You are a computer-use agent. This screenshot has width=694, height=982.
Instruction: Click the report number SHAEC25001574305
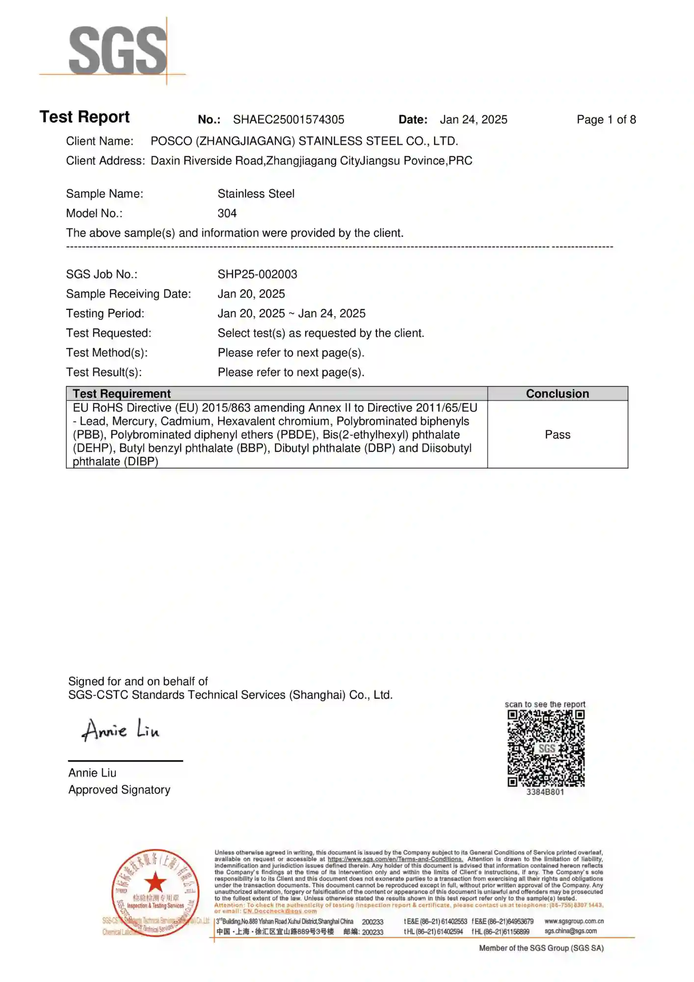point(289,120)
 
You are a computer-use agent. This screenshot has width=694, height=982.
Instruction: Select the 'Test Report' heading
point(84,117)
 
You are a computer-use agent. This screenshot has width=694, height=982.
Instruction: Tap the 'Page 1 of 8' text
point(606,120)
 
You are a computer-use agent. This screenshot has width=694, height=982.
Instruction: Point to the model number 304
point(227,214)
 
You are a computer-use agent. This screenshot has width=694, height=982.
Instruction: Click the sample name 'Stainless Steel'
point(256,194)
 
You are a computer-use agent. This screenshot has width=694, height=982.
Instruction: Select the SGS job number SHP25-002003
point(257,274)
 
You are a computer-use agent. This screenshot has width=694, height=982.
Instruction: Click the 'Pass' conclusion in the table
point(558,435)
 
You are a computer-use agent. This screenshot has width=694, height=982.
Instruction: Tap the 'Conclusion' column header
point(558,394)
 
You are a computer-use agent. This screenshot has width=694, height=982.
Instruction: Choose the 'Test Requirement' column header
point(122,394)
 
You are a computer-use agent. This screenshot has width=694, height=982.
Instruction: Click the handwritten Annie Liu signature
point(121,730)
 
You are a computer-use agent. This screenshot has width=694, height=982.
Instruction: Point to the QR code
point(546,748)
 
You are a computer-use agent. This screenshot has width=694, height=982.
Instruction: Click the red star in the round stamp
point(156,882)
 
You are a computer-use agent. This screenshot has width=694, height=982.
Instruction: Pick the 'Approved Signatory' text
point(119,790)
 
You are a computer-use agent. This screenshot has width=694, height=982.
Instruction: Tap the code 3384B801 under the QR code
point(545,792)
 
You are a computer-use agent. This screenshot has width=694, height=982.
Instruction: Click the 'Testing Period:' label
point(105,314)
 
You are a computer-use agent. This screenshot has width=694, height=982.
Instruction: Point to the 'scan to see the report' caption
point(545,705)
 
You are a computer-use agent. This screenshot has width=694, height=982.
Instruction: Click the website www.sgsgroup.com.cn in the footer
point(574,921)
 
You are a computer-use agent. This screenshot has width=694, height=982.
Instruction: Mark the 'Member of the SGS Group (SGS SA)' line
point(541,948)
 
